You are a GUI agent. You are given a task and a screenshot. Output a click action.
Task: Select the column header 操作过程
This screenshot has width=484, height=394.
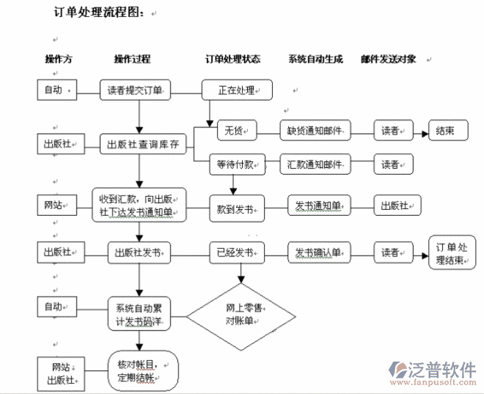tap(132, 59)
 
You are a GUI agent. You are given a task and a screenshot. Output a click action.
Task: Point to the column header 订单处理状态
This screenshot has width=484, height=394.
tap(232, 59)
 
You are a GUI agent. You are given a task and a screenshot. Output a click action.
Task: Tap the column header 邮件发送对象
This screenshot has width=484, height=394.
tap(388, 59)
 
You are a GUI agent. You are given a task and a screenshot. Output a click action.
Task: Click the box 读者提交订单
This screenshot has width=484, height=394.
tap(135, 91)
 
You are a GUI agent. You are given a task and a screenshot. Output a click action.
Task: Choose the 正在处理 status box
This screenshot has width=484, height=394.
tap(237, 91)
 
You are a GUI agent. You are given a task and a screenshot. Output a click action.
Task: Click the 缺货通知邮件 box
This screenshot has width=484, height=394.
tap(315, 131)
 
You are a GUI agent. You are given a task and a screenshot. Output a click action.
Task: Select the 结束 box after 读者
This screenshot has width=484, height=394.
tap(445, 131)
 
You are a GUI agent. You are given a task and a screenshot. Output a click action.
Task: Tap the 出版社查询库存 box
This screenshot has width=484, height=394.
tap(143, 144)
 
